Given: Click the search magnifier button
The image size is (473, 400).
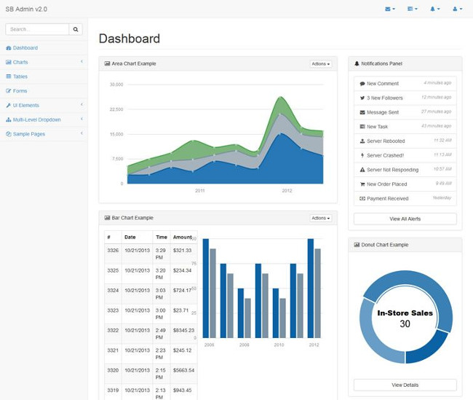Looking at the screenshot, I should click(x=76, y=29).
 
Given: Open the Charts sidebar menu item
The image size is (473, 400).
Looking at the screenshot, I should click(x=20, y=62).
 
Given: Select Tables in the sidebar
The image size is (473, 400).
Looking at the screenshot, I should click(x=20, y=77).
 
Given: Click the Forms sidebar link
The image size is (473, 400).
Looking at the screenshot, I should click(x=20, y=91).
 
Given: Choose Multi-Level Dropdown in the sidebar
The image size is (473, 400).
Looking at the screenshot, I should click(x=36, y=119).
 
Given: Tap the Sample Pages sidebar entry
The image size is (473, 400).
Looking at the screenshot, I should click(x=28, y=134).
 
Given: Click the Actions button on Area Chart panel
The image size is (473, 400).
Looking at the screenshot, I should click(x=320, y=64).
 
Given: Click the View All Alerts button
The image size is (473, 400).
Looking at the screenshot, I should click(x=405, y=219).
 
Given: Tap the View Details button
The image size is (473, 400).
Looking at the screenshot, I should click(x=405, y=385).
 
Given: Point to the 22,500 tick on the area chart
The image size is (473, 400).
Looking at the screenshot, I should click(x=116, y=109).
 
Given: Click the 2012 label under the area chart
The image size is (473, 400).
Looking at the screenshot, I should click(x=287, y=191).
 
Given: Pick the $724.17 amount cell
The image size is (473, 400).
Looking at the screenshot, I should click(x=182, y=290).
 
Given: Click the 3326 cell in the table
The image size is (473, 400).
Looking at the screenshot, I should click(x=113, y=250).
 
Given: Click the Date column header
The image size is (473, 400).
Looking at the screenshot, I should click(x=130, y=237).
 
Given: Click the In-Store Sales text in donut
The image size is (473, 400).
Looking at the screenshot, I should click(x=405, y=313).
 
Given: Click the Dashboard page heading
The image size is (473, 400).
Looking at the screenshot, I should click(x=130, y=39).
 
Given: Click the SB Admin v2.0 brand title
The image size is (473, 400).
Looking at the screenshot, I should click(x=26, y=8).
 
